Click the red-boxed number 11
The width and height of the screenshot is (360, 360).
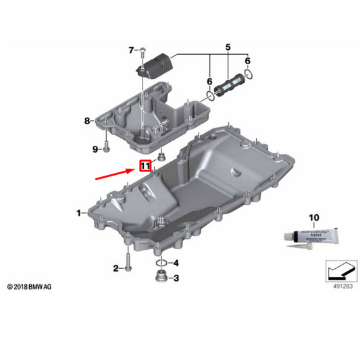[x=145, y=165]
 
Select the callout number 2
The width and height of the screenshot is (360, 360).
[x=115, y=268]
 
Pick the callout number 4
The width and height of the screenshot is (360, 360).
[x=176, y=263]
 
